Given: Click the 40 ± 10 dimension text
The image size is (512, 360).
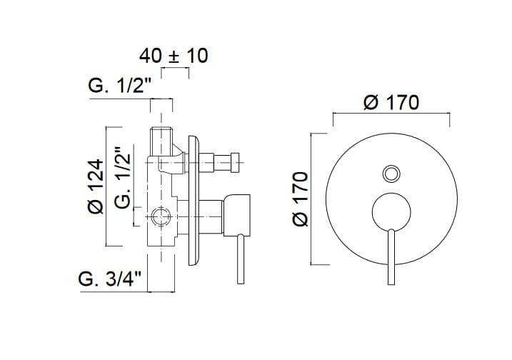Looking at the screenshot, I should (174, 55).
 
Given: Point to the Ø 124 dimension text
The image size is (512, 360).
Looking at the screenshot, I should (95, 186).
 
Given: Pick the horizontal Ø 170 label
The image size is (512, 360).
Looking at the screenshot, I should (391, 102).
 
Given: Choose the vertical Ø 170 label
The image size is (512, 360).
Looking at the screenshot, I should (301, 199).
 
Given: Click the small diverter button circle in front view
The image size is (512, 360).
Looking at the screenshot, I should (391, 173).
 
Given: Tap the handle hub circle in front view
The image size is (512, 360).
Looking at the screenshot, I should (391, 212).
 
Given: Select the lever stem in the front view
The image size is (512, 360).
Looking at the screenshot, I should (391, 257).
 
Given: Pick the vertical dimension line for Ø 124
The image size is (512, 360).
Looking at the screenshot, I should (107, 186).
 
